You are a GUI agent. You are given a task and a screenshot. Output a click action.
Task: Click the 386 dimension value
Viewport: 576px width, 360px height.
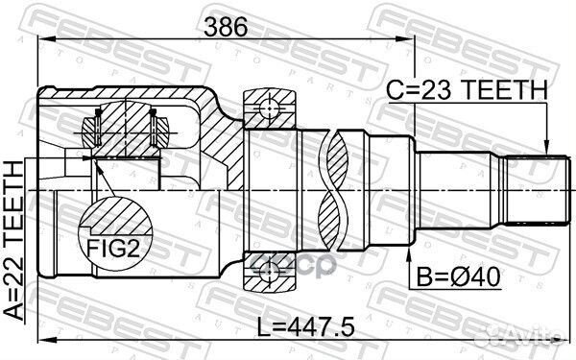tap(224, 29)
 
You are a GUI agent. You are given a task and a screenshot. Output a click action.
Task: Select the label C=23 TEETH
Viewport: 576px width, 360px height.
tap(468, 89)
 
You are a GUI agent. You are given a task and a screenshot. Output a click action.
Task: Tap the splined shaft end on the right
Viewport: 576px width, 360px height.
tap(533, 191)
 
